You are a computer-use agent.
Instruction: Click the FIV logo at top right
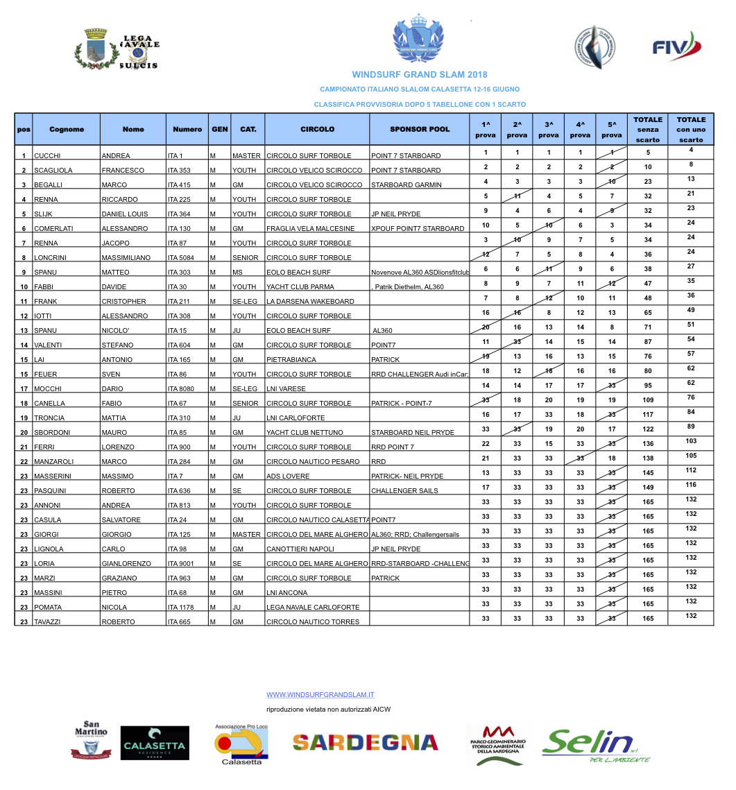pyautogui.click(x=677, y=48)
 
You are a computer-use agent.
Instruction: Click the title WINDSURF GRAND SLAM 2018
pyautogui.click(x=420, y=74)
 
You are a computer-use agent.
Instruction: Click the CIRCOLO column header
pyautogui.click(x=317, y=129)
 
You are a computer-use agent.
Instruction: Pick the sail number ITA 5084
pyautogui.click(x=182, y=258)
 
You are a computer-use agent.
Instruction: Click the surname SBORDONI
pyautogui.click(x=53, y=433)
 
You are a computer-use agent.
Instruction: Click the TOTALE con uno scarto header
pyautogui.click(x=691, y=129)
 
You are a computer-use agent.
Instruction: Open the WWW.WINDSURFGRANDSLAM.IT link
pyautogui.click(x=320, y=694)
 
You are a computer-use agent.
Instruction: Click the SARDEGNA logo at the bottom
pyautogui.click(x=365, y=742)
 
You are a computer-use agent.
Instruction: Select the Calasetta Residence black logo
pyautogui.click(x=154, y=744)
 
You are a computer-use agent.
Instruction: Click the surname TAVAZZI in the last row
pyautogui.click(x=50, y=622)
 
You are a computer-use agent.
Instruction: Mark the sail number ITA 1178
pyautogui.click(x=180, y=608)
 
